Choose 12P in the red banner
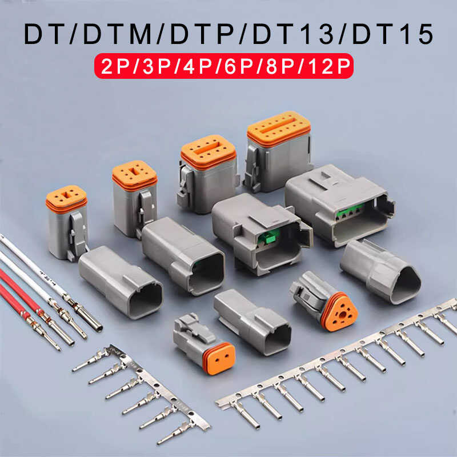point(328,67)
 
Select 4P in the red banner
point(200,67)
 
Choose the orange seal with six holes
point(135,173)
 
